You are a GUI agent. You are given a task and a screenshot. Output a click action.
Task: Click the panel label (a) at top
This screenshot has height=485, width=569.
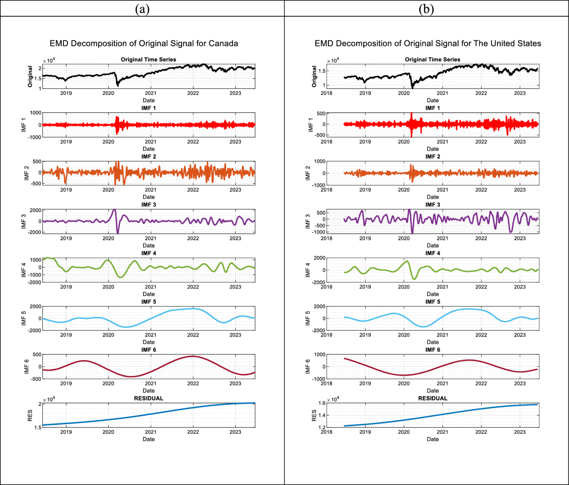click(x=142, y=9)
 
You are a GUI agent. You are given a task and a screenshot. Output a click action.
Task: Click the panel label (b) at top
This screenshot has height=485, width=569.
click(x=426, y=9)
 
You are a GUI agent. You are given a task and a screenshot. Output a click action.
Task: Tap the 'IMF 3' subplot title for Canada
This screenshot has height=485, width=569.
click(x=148, y=205)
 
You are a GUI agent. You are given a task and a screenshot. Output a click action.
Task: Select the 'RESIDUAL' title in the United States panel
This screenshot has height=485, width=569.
click(x=432, y=398)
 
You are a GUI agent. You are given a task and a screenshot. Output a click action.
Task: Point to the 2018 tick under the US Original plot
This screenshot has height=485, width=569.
click(x=327, y=93)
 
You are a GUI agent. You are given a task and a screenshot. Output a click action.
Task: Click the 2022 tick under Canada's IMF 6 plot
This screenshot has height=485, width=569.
click(x=193, y=383)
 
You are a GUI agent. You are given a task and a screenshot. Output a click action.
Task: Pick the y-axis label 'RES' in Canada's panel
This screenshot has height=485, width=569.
click(x=30, y=416)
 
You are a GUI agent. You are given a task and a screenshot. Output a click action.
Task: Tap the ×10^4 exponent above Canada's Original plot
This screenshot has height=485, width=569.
click(x=49, y=61)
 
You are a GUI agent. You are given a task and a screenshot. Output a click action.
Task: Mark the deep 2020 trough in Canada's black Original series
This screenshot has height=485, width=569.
click(x=118, y=85)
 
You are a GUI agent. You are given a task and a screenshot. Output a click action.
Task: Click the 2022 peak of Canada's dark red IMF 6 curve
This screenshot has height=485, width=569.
click(x=192, y=356)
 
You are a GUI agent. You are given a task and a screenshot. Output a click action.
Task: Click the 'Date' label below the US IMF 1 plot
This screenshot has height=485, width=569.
click(x=432, y=149)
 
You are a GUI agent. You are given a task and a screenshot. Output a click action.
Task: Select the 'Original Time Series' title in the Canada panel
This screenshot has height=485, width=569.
click(x=148, y=59)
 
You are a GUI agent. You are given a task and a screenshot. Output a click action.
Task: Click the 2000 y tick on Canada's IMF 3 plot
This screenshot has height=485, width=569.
click(x=35, y=210)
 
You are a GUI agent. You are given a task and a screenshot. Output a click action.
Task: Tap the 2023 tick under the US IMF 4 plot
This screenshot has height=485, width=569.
click(x=520, y=287)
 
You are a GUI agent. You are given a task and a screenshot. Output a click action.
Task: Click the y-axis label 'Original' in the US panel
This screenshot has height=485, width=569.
click(x=314, y=76)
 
